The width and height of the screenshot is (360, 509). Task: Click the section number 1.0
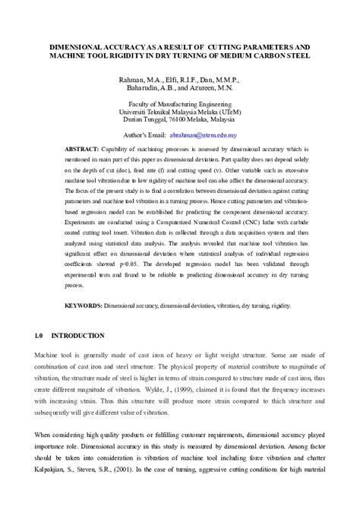[41, 335]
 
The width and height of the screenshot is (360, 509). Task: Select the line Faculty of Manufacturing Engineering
[179, 103]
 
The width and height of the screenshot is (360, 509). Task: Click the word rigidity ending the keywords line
[276, 304]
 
